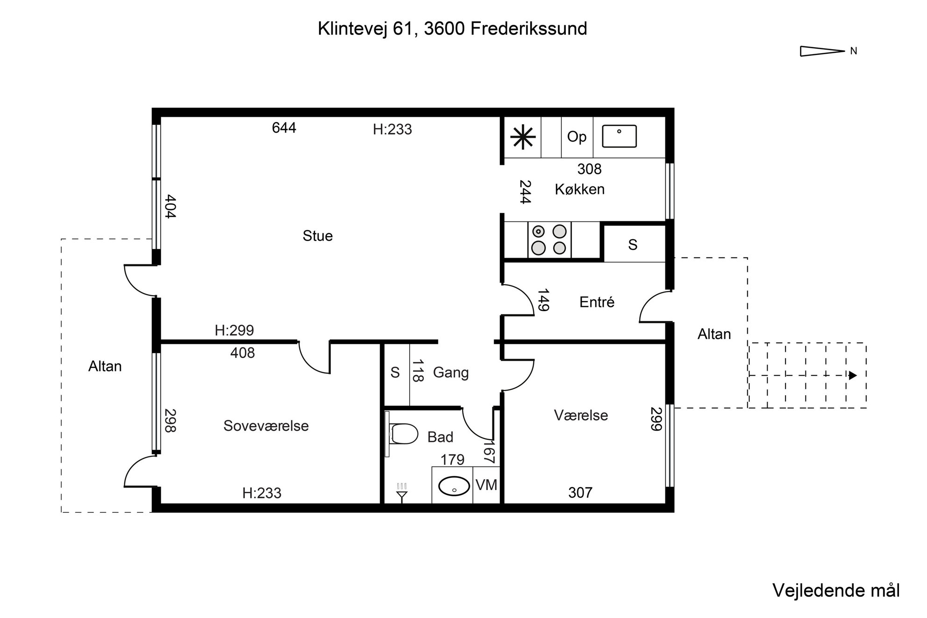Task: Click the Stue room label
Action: (318, 236)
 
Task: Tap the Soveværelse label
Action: (266, 426)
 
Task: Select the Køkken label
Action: (580, 189)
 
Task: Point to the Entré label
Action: (597, 302)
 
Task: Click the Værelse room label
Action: (581, 415)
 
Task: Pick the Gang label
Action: (450, 372)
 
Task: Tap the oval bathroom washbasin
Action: (454, 486)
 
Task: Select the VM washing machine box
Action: (486, 485)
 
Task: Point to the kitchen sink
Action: (619, 136)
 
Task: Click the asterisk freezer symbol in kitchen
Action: (522, 137)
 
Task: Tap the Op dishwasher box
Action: (577, 137)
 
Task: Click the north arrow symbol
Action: (822, 51)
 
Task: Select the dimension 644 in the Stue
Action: (284, 128)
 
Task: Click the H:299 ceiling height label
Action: (234, 330)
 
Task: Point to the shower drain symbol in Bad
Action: (402, 493)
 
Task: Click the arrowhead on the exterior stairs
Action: (853, 375)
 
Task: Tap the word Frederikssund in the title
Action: (529, 28)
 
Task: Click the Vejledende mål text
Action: (836, 590)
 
